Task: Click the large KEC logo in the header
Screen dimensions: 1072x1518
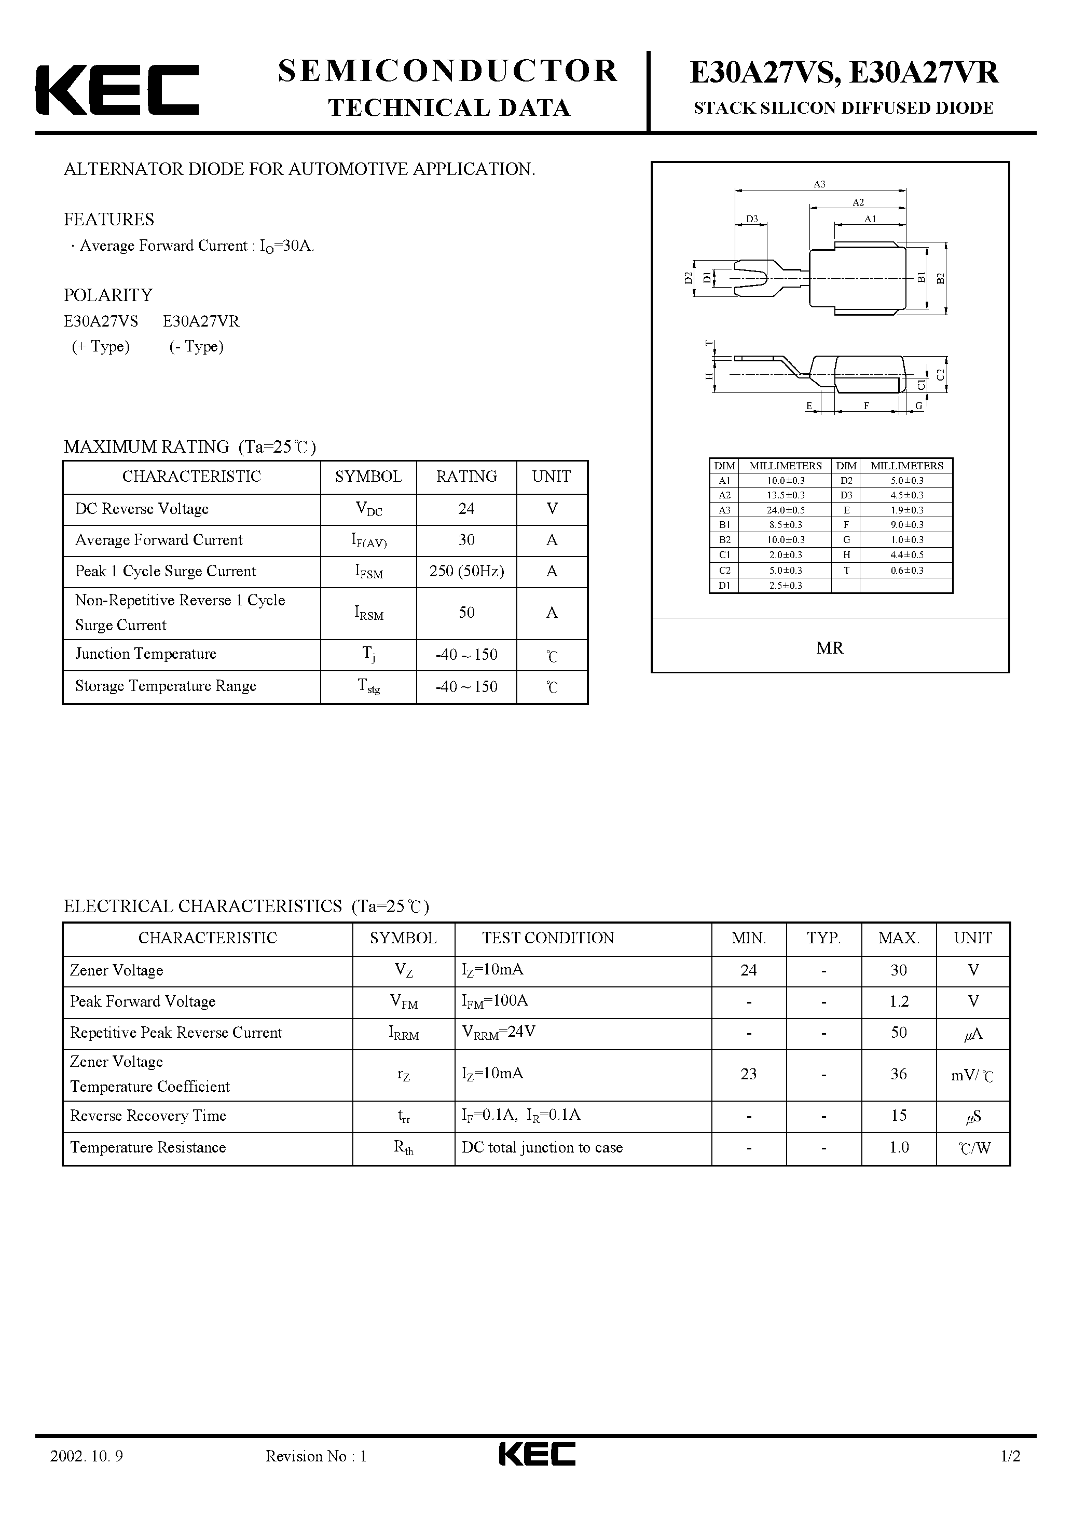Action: [x=117, y=90]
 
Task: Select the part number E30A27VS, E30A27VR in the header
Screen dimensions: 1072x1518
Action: [x=844, y=73]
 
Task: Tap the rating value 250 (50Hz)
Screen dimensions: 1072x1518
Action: [x=466, y=571]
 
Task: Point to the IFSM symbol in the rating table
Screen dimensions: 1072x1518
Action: [x=368, y=572]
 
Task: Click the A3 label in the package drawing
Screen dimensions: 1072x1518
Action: [x=819, y=184]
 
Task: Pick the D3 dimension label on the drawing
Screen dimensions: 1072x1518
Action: [x=751, y=219]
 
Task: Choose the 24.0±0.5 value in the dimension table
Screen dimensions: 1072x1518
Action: [x=785, y=510]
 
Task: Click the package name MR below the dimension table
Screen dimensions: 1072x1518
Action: [x=830, y=648]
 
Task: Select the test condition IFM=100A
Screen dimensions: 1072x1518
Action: [x=494, y=1001]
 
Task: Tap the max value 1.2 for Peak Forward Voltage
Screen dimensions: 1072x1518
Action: [x=898, y=1001]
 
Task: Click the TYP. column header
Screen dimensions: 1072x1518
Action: [x=823, y=938]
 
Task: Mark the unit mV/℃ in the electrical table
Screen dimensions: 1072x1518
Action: [x=972, y=1076]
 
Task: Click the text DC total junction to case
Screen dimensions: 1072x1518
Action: [x=542, y=1148]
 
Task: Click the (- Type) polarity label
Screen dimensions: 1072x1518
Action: [x=196, y=346]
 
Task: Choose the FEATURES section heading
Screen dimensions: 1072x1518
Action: [x=109, y=220]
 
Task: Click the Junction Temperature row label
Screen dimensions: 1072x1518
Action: [x=145, y=654]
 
